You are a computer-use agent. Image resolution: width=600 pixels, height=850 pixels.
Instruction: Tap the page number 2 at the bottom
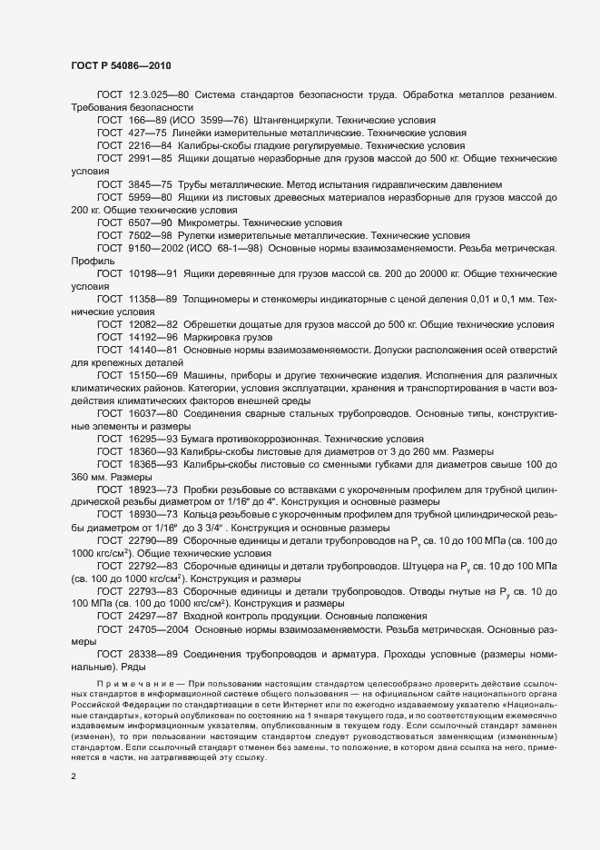point(74,776)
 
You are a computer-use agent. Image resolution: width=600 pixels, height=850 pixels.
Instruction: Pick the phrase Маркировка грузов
point(226,336)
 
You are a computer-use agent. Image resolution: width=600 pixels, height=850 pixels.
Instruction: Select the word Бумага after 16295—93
point(199,438)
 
